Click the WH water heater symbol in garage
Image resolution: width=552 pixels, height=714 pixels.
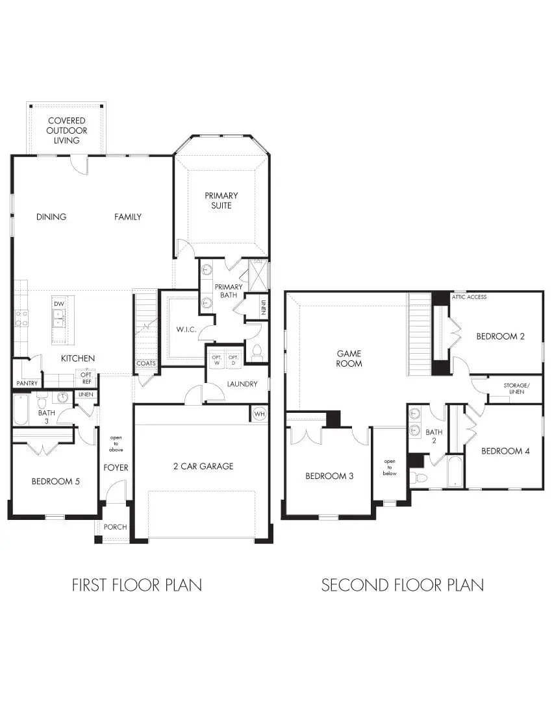click(259, 413)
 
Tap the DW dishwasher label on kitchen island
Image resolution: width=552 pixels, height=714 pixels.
click(58, 304)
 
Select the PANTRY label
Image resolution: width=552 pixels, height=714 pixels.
click(27, 384)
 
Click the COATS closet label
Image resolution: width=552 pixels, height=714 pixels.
click(145, 363)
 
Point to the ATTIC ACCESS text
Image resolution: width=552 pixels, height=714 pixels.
click(469, 297)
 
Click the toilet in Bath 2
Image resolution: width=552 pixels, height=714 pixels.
click(420, 478)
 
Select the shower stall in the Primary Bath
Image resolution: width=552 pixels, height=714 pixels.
click(258, 275)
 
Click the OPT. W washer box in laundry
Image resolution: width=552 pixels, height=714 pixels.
click(216, 358)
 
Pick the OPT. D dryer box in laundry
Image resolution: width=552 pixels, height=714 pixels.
click(233, 358)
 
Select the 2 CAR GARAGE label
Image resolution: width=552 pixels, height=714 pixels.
click(203, 466)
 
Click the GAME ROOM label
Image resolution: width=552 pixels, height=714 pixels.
click(349, 358)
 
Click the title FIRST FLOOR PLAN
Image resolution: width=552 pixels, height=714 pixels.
click(136, 585)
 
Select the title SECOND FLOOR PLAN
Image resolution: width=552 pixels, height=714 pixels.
click(402, 585)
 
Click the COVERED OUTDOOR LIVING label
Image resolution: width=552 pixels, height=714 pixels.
click(67, 130)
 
